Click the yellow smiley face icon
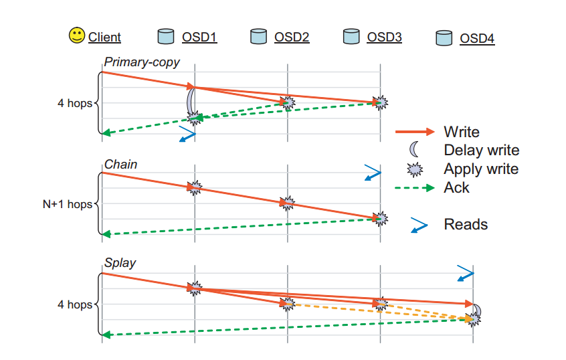[76, 35]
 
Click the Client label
[104, 37]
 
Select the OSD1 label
[199, 37]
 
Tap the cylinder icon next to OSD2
[258, 37]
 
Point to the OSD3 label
[384, 37]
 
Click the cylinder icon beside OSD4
[444, 38]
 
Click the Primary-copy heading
[142, 62]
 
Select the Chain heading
[120, 165]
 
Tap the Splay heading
[120, 263]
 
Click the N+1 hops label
[68, 204]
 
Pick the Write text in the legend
[462, 132]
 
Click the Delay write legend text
[482, 150]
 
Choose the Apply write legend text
[481, 169]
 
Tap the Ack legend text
[456, 188]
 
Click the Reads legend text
[466, 225]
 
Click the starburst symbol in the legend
[415, 169]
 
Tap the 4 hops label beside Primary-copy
[75, 103]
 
